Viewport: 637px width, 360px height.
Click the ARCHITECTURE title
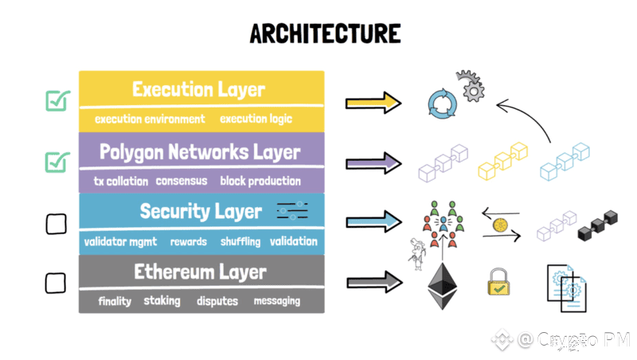coord(325,33)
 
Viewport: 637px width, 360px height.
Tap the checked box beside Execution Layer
coord(57,100)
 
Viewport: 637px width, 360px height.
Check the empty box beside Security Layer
coord(56,224)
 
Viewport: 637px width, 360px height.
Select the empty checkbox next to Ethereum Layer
coord(55,283)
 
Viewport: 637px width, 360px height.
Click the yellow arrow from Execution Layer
coord(373,103)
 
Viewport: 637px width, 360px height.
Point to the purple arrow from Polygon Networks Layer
coord(373,163)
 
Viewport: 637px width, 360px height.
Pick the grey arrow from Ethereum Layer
coord(374,282)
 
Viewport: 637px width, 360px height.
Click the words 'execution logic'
coord(256,119)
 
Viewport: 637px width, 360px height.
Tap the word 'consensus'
coord(182,181)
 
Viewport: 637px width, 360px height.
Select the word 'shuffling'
coord(240,242)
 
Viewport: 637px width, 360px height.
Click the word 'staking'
coord(162,301)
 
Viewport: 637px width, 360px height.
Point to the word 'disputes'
coord(217,301)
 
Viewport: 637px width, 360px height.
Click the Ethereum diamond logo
coord(443,286)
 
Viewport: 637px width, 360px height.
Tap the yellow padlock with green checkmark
coord(498,282)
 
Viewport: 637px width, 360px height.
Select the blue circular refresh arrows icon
coord(443,104)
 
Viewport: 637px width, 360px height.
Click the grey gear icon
coord(471,87)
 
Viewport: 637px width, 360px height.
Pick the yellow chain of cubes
coord(503,161)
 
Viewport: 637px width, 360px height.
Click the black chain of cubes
coord(598,225)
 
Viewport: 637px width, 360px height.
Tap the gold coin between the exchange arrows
coord(500,225)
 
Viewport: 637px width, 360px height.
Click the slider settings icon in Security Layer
coord(292,210)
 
